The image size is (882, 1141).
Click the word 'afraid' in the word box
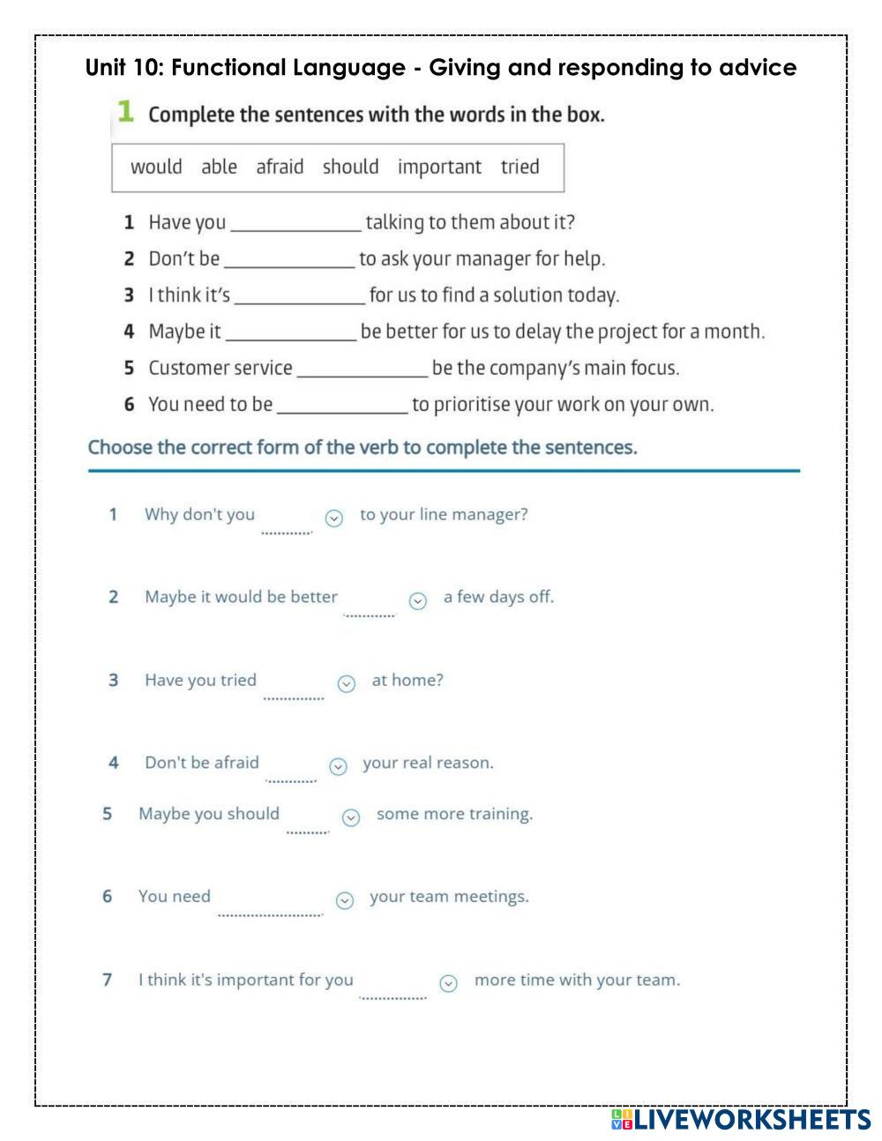(280, 167)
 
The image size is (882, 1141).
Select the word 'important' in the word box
(439, 167)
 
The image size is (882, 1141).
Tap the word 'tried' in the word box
(519, 167)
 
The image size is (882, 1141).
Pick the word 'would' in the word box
(156, 167)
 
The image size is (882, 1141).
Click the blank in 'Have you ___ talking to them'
(295, 223)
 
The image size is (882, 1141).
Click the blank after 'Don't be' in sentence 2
(289, 260)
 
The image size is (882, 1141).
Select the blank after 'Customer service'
(362, 369)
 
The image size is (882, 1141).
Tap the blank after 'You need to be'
(342, 406)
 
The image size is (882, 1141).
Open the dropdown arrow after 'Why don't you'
(333, 518)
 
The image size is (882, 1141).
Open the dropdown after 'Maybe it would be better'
(418, 601)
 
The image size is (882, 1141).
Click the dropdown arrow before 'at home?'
(347, 684)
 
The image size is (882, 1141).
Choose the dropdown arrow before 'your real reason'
(338, 767)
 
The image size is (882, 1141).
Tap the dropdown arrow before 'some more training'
(351, 818)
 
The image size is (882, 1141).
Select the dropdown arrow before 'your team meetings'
(345, 900)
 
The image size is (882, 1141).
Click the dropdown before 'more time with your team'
(448, 983)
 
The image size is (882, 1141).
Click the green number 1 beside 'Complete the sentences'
(125, 112)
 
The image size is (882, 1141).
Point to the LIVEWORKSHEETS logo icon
(622, 1120)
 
